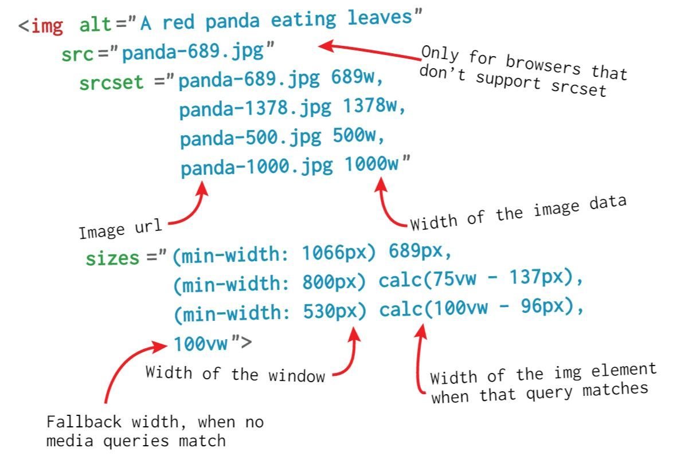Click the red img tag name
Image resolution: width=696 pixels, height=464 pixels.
pos(46,26)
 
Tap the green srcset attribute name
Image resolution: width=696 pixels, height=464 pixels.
pos(111,82)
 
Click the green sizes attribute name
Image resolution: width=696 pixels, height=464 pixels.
pos(112,258)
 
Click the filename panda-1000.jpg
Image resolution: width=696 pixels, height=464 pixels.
pos(256,167)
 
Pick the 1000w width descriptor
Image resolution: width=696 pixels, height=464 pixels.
pos(372,165)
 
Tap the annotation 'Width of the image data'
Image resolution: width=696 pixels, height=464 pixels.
pos(517,213)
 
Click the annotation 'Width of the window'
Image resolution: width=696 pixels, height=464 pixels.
pos(235,374)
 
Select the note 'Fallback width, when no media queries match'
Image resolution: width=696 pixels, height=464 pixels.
pos(155,431)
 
